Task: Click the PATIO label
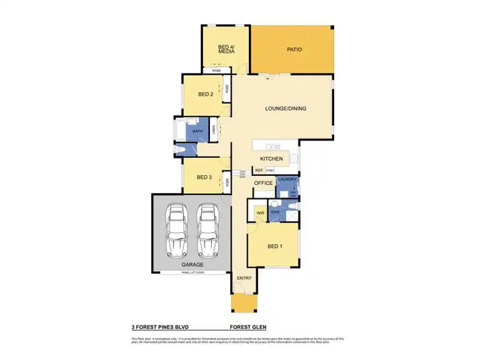(294, 49)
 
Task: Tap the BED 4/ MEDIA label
(226, 49)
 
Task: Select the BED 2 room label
(205, 95)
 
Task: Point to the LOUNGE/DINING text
(285, 109)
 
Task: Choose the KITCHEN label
(271, 158)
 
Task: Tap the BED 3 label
(204, 177)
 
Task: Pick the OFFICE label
(264, 184)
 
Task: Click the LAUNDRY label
(287, 180)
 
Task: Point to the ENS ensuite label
(275, 211)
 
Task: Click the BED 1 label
(274, 246)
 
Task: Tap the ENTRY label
(244, 278)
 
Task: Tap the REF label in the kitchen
(259, 170)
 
